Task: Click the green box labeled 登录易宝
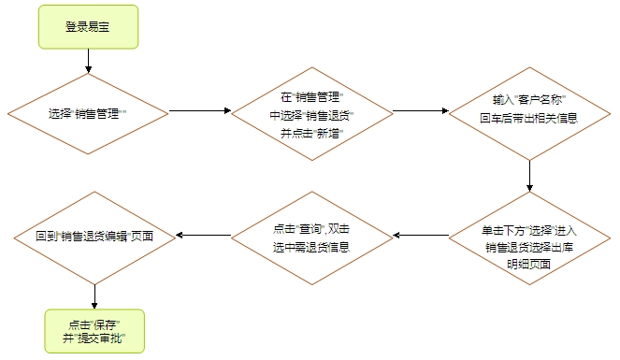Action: (x=88, y=26)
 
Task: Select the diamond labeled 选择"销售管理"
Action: (x=88, y=112)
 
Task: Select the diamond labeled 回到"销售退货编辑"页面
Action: (x=94, y=238)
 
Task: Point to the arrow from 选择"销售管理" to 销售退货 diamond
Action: (x=199, y=112)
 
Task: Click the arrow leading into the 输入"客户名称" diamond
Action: (x=420, y=112)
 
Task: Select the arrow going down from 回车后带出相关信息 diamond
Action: (x=529, y=176)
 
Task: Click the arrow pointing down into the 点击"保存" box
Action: (x=94, y=296)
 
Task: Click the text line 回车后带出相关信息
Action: (x=529, y=119)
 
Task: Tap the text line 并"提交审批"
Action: (x=95, y=339)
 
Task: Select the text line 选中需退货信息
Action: (x=311, y=247)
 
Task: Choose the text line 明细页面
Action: (x=529, y=265)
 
